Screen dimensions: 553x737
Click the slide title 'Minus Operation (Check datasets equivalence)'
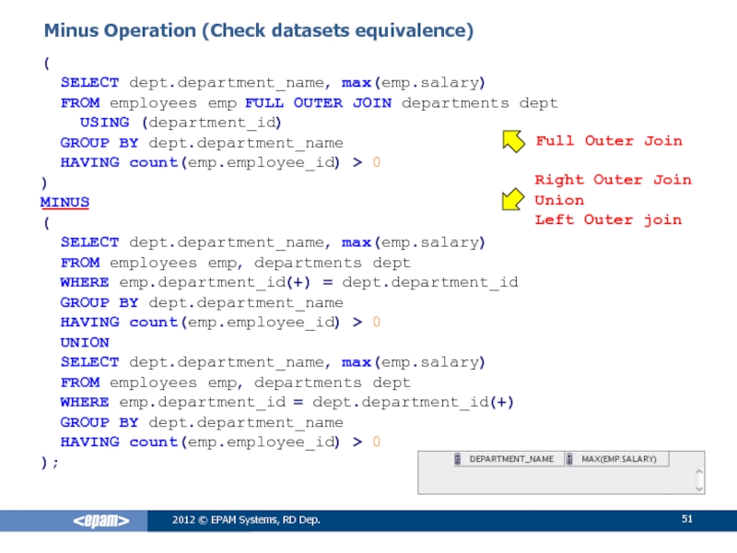(x=259, y=31)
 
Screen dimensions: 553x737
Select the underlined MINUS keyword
(x=64, y=201)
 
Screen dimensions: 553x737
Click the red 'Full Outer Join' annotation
(x=609, y=141)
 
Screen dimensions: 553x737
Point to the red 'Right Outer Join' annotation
(x=613, y=180)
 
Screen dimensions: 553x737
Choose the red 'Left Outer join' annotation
(x=608, y=219)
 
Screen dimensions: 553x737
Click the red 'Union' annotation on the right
(x=559, y=200)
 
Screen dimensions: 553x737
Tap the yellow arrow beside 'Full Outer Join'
(x=512, y=141)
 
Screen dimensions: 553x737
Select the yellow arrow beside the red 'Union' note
(x=512, y=200)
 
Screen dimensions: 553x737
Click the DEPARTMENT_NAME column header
(x=511, y=459)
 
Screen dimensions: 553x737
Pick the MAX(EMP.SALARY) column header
(x=618, y=459)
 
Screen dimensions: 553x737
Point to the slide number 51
(x=686, y=521)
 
